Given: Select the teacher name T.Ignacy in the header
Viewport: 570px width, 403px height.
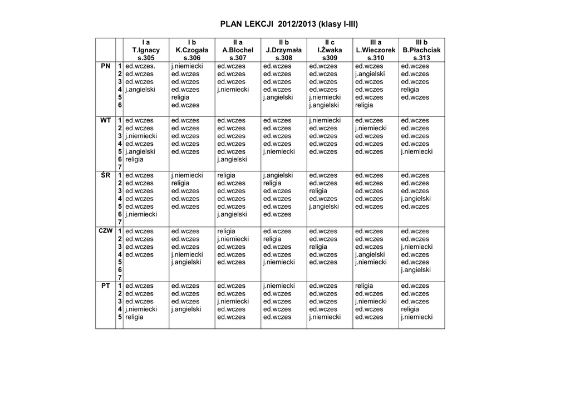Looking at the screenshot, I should pos(146,50).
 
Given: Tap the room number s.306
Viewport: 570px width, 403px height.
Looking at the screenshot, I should pos(192,58).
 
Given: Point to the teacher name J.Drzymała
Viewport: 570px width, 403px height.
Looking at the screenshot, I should pos(284,50).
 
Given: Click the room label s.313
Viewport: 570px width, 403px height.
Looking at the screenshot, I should pos(421,58).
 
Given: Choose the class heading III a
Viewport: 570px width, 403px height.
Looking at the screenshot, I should pos(376,42).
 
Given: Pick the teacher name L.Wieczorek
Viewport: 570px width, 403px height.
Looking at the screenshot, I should pos(376,50).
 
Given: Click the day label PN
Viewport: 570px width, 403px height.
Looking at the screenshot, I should pos(105,66).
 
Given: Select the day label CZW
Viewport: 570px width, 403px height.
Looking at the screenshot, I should pos(105,230).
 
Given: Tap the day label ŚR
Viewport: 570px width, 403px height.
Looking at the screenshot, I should pos(105,175).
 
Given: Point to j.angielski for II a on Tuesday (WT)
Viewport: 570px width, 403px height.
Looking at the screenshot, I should pos(232,159).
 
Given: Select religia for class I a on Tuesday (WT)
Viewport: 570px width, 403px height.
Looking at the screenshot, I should pos(134,159).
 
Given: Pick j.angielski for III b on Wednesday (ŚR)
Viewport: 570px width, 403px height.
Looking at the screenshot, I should pos(416,199).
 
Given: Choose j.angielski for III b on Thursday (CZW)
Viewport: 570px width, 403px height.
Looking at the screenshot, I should pos(416,270).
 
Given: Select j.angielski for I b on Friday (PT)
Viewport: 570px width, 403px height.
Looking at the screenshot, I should pos(186,309).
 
